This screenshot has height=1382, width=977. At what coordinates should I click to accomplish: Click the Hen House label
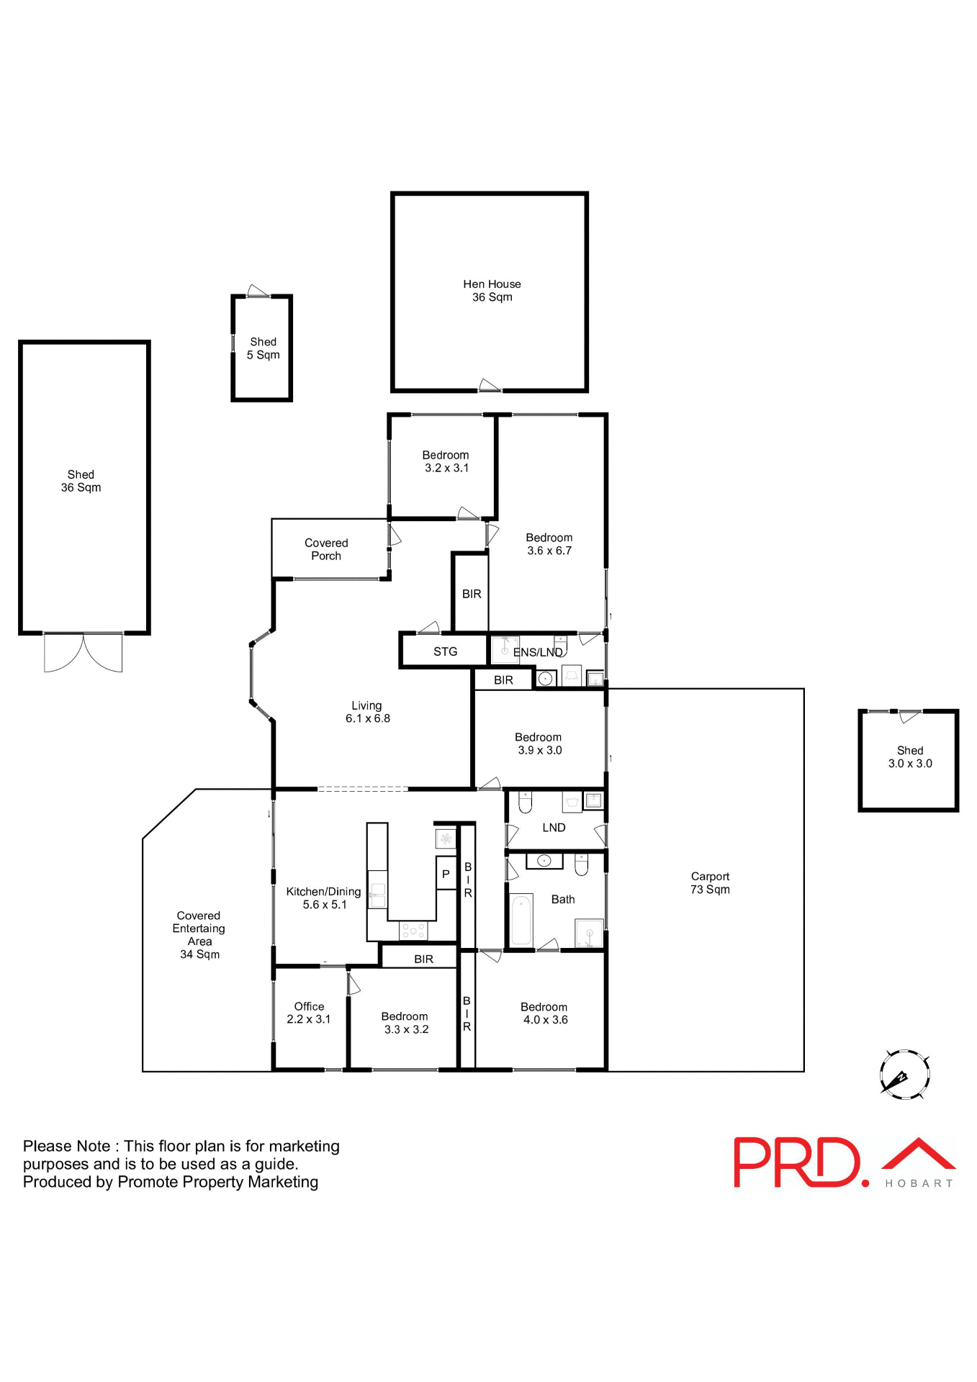pos(492,291)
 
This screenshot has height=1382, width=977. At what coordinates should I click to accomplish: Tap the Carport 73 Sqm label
pos(710,883)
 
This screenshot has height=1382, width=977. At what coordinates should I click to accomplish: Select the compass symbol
pos(904,1075)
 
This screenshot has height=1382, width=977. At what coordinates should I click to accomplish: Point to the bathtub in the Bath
pos(521,921)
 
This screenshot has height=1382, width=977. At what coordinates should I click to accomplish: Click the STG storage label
pos(445,652)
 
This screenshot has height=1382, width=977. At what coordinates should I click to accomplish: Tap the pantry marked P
pos(446,875)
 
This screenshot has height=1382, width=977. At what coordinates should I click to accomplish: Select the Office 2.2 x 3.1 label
pos(309,1013)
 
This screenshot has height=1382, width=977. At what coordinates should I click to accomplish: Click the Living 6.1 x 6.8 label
pos(367,712)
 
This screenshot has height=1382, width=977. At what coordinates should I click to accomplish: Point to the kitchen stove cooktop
pos(413,931)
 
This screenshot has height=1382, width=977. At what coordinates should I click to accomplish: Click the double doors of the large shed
pos(83,652)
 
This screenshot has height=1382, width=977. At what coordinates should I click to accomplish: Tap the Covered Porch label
pos(326,549)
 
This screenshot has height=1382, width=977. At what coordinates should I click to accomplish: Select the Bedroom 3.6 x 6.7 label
pos(549,544)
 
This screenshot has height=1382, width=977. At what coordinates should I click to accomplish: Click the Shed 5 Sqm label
pos(263,348)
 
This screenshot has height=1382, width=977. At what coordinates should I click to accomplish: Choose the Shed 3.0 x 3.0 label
pos(910,757)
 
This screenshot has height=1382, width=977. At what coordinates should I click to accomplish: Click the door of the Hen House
pos(490,386)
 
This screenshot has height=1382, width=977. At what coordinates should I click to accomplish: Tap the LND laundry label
pos(554,828)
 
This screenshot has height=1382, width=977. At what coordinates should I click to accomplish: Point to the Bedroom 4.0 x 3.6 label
pos(544,1013)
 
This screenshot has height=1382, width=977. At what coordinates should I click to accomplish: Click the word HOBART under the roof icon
pos(919,1183)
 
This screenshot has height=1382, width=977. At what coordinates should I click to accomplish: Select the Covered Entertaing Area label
pos(199,935)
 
